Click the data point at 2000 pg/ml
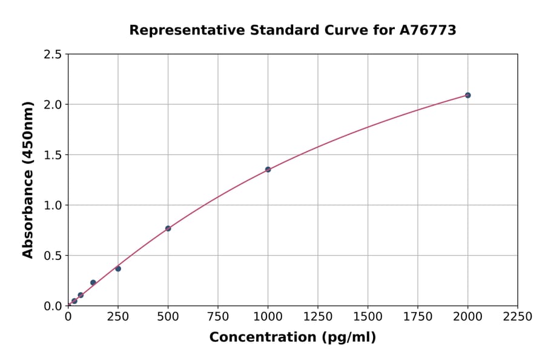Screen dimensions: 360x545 click(x=467, y=95)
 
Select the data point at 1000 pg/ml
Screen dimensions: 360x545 click(x=268, y=170)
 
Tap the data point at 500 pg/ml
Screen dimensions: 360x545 click(x=168, y=228)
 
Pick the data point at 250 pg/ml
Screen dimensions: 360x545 click(x=118, y=268)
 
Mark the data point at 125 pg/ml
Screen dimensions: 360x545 click(x=93, y=282)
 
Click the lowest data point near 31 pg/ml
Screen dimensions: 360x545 click(x=74, y=301)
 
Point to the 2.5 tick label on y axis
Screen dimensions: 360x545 click(x=53, y=55)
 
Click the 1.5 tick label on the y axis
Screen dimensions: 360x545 click(x=53, y=155)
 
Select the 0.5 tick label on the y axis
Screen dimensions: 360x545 click(x=53, y=256)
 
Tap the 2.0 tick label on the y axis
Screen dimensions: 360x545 click(x=53, y=105)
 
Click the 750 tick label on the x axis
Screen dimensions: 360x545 click(x=218, y=317)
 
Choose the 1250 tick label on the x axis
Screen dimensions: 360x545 click(x=318, y=317)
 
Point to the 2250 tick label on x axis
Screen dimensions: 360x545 click(x=518, y=317)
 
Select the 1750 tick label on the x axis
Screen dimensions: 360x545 click(x=418, y=317)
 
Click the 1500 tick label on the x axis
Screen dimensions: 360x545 click(x=368, y=317)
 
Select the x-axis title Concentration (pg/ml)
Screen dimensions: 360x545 click(x=292, y=338)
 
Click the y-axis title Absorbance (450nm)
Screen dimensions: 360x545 click(x=28, y=180)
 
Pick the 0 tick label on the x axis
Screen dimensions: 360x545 click(x=68, y=317)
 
